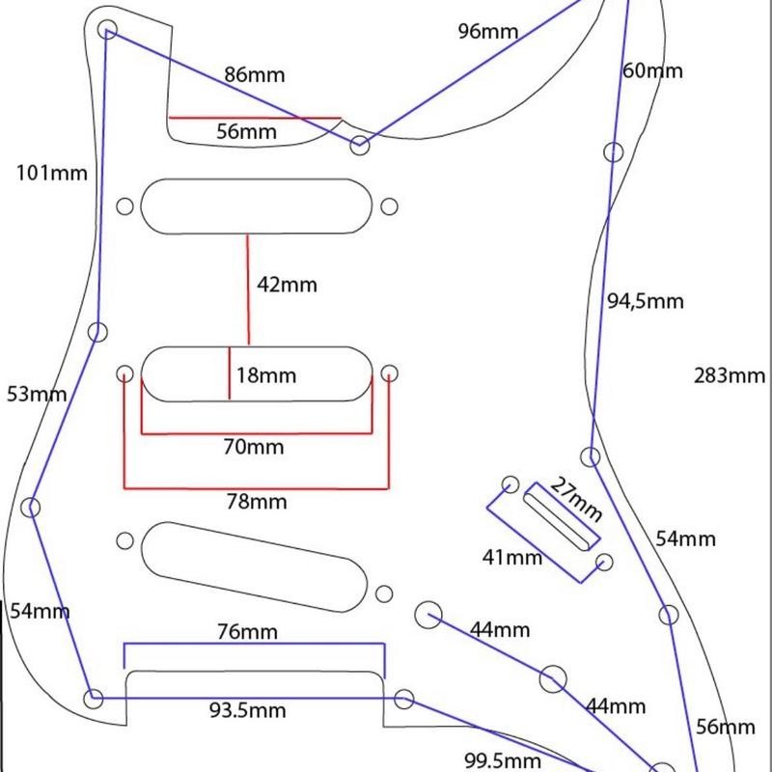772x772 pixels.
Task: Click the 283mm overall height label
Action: [730, 376]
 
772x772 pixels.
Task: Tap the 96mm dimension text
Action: [488, 31]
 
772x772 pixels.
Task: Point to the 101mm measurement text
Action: [52, 174]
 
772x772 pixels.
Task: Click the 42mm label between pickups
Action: [287, 285]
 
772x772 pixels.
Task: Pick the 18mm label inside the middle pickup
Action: [265, 375]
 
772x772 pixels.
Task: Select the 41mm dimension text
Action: [512, 557]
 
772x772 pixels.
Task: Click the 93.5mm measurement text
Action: [248, 711]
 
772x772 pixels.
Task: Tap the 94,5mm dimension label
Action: [645, 301]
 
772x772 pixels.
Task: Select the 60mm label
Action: [652, 70]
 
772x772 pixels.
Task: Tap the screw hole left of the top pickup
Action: [124, 207]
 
